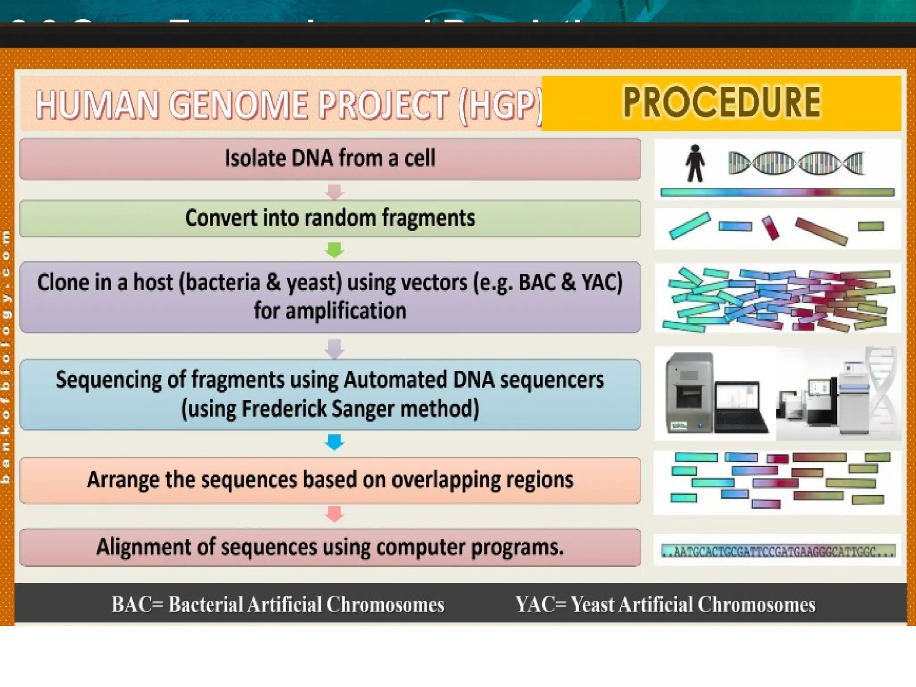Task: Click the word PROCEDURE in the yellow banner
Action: tap(721, 102)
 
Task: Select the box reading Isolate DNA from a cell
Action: tap(330, 159)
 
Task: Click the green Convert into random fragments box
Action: tap(330, 218)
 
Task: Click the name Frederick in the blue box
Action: tap(284, 409)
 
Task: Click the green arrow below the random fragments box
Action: tap(335, 250)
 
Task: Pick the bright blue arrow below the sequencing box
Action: tap(335, 442)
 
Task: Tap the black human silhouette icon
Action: tap(695, 163)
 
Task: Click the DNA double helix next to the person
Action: tap(796, 163)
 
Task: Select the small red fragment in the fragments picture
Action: tap(771, 228)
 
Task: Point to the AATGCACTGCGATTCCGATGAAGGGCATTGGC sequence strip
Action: tap(778, 551)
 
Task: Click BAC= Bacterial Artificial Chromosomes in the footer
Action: tap(278, 605)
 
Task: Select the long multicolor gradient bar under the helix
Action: tap(777, 193)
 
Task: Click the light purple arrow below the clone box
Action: tap(335, 348)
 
